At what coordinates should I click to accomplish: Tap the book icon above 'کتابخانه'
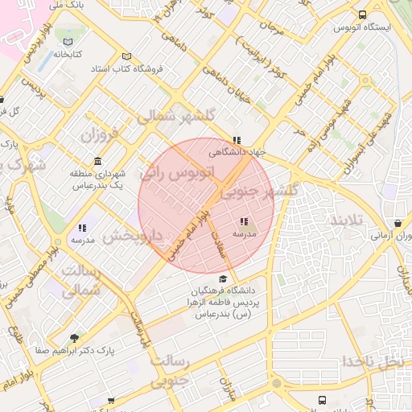[68, 42]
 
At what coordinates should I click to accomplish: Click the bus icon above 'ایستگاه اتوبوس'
[362, 14]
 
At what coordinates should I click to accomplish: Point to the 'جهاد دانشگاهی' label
[237, 151]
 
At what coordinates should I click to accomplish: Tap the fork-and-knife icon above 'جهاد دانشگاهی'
[236, 139]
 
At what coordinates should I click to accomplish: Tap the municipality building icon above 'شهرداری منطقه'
[97, 161]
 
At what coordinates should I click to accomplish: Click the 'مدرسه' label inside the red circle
[245, 233]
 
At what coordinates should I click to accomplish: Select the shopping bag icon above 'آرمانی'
[398, 224]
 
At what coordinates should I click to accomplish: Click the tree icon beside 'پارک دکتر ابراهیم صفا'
[75, 338]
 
